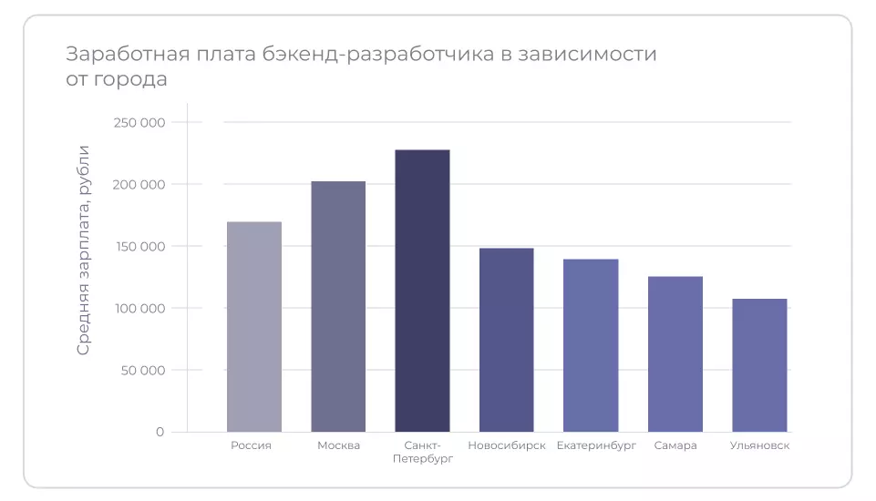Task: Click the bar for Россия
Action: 254,326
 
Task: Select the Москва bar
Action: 338,306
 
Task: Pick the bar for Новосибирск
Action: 507,339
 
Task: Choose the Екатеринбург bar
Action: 591,344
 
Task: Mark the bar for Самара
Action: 675,353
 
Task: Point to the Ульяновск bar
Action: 759,364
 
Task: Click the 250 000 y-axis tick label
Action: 139,122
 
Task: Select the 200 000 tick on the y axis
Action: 139,184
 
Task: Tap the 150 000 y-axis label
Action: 139,246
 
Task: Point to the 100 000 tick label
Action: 139,308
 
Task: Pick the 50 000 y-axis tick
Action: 141,370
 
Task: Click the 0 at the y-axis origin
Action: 160,432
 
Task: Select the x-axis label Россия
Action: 252,445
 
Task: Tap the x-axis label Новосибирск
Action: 507,445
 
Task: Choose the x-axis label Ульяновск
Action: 759,445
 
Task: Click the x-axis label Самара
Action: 675,445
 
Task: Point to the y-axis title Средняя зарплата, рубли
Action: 84,250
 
